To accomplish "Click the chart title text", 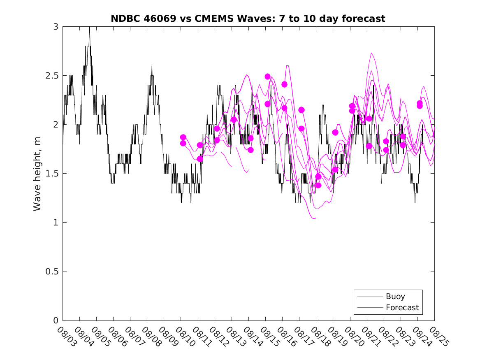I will [x=248, y=19].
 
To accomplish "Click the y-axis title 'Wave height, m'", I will [x=37, y=173].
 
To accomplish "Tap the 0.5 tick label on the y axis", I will [x=53, y=272].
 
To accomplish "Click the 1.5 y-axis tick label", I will [x=53, y=174].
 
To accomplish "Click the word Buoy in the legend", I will [x=395, y=296].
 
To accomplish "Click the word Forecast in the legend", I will [x=402, y=307].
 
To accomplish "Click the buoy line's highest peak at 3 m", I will [x=89, y=27].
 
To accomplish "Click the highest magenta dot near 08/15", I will [x=267, y=77].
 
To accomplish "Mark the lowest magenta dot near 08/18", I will [x=318, y=185].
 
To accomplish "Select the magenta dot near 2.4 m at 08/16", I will [x=284, y=84].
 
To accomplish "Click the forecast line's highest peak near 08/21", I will [x=371, y=53].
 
